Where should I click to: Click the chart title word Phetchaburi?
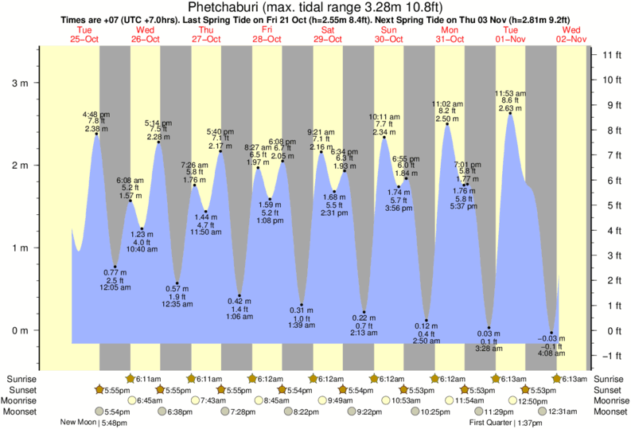(227, 7)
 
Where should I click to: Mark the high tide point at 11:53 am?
(511, 113)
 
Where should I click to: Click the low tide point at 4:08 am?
(551, 333)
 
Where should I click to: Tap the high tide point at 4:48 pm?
(96, 134)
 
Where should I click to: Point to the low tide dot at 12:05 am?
(115, 267)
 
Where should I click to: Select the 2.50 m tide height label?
(446, 119)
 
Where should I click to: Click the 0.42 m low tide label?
(239, 301)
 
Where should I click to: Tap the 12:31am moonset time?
(561, 411)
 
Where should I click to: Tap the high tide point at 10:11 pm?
(384, 138)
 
